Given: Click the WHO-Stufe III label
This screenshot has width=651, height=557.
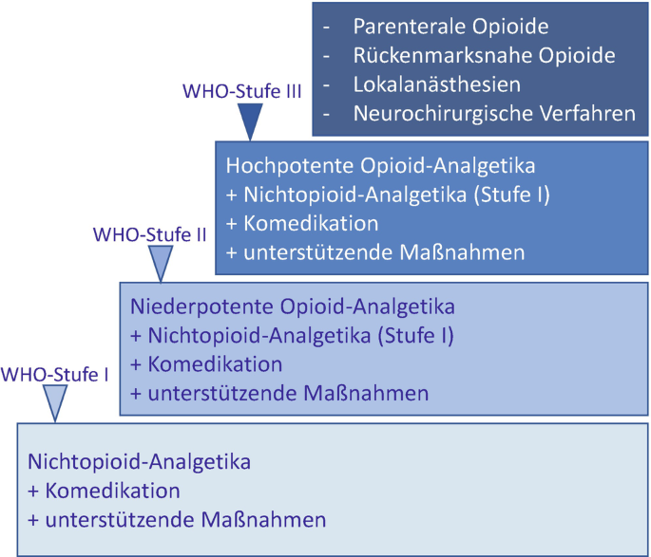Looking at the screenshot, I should (241, 92).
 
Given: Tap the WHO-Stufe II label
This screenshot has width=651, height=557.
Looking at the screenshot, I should (149, 233).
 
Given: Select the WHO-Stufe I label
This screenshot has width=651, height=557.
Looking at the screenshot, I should (55, 375).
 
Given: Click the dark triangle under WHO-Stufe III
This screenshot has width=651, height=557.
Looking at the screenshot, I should (250, 121).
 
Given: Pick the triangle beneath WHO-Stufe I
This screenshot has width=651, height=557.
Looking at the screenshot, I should (57, 402).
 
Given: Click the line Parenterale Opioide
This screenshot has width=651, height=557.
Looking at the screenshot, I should (450, 27).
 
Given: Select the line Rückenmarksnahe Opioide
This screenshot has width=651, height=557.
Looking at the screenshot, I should (484, 56).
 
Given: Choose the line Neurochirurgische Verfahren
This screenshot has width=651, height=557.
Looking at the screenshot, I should (493, 115).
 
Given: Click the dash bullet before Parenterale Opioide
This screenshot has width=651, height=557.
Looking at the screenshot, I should (326, 27).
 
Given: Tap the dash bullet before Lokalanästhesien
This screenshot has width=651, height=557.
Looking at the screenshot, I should (326, 85).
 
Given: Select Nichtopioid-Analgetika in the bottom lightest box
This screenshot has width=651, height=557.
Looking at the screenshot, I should (139, 463).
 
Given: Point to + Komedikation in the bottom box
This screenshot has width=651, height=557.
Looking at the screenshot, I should (104, 492).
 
